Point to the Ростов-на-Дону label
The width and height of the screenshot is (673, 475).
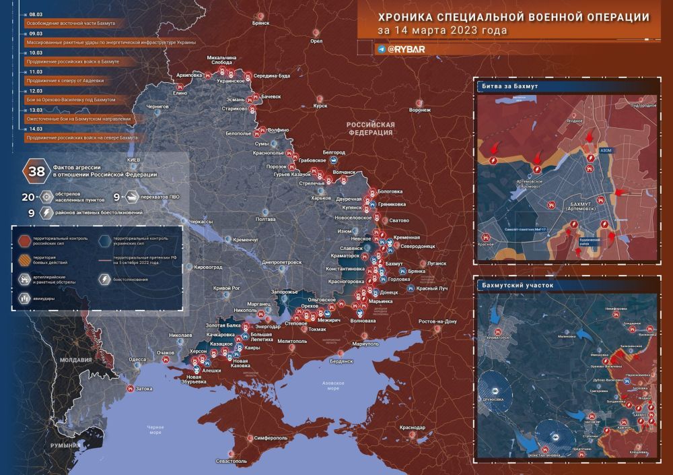(437, 321)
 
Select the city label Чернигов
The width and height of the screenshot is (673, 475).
(157, 106)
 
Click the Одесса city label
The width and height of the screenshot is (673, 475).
(137, 360)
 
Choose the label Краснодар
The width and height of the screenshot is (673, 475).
(412, 429)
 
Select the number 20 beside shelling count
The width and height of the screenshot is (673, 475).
(28, 197)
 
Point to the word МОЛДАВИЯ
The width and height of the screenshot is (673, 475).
(76, 360)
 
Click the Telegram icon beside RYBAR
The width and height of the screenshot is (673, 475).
(382, 49)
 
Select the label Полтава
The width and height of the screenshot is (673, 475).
(267, 220)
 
